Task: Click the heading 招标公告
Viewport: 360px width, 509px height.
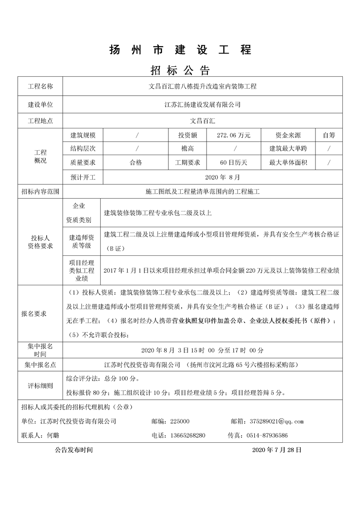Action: tap(180, 70)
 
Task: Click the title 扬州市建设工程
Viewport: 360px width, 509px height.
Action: tap(180, 50)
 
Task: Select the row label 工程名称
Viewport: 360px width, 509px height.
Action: tap(40, 86)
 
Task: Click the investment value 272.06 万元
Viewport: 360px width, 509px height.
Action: tap(234, 135)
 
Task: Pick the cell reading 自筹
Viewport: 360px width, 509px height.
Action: tap(329, 135)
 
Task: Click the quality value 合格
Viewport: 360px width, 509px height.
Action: tap(136, 162)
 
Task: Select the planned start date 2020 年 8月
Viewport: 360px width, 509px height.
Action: tap(222, 176)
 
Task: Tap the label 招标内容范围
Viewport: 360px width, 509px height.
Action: tap(40, 192)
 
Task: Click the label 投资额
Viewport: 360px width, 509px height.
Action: tap(187, 135)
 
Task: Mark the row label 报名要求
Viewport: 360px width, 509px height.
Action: tap(34, 313)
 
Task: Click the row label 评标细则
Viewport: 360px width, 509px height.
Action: tap(40, 386)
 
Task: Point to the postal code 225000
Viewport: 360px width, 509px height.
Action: tap(180, 421)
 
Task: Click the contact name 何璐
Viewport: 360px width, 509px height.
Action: tap(53, 435)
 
